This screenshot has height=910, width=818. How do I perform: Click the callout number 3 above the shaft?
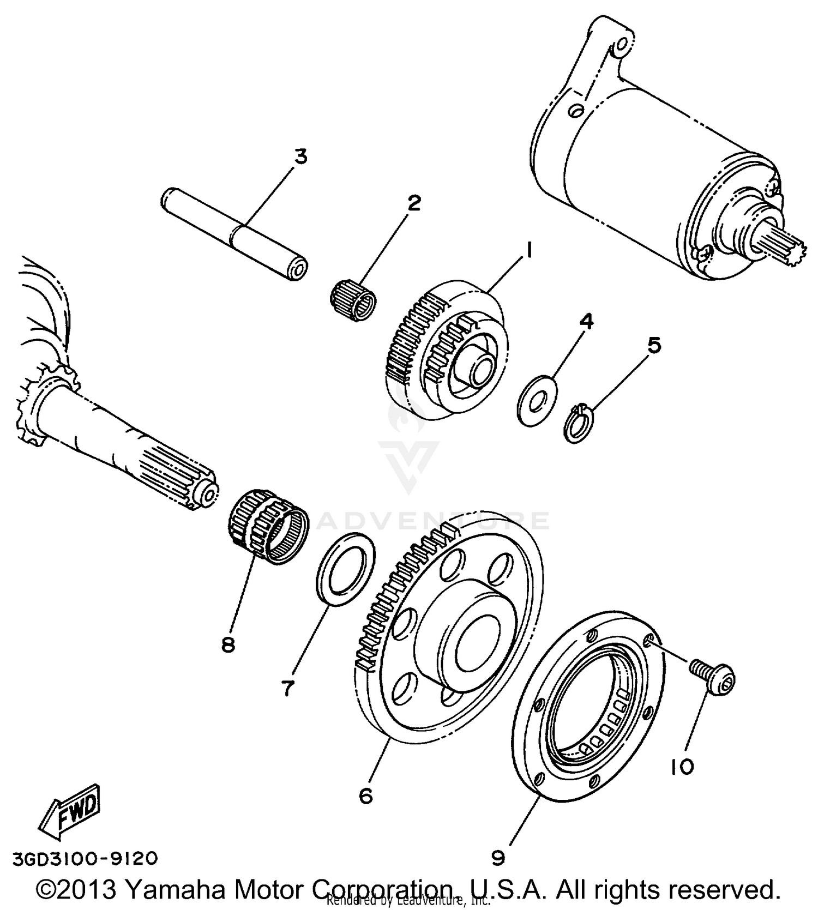(x=300, y=156)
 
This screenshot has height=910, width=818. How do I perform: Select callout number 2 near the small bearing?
(x=414, y=203)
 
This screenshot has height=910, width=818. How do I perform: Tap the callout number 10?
(x=682, y=767)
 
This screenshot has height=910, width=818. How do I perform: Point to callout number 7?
(x=287, y=688)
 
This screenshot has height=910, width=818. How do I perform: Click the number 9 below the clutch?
(x=498, y=858)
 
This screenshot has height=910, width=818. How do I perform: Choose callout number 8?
(x=228, y=644)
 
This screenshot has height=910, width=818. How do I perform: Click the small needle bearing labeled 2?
(x=354, y=294)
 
